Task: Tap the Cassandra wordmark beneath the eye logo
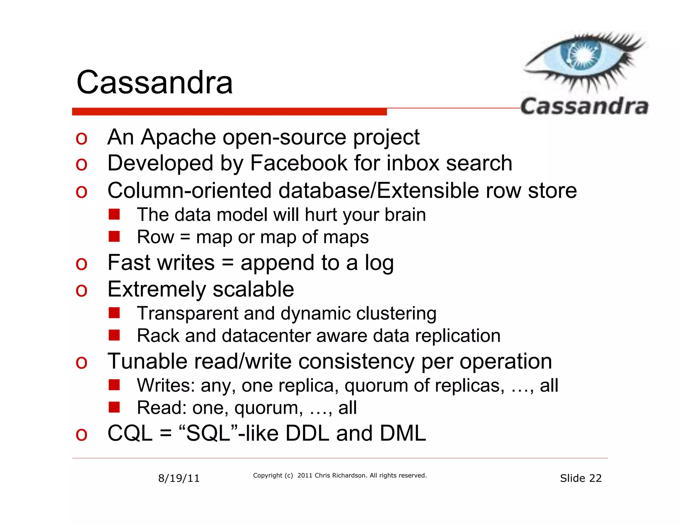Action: [x=584, y=107]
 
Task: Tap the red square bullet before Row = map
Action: [x=114, y=237]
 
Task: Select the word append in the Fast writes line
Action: [x=277, y=263]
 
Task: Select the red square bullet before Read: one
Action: [x=114, y=407]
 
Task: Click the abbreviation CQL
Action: [x=130, y=433]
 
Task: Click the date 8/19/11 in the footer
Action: [x=179, y=478]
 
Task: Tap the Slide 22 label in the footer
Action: [x=581, y=478]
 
